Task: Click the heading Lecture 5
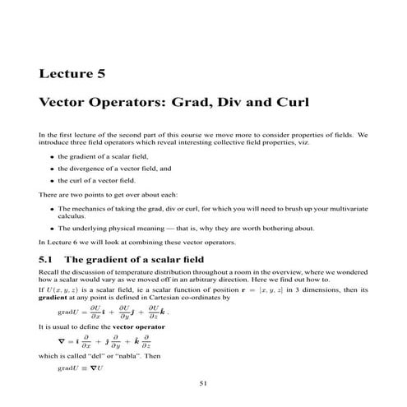72,73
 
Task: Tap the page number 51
203,383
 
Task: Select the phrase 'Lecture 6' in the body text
58,243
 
